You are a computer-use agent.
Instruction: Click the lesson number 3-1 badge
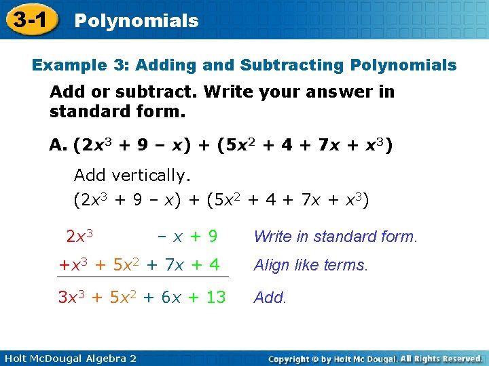(29, 20)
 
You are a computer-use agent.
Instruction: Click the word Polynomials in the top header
(137, 21)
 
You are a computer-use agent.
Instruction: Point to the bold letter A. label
(58, 145)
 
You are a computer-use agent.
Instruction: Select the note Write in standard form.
(336, 237)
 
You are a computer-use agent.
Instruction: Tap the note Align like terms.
(310, 266)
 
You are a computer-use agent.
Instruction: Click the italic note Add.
(269, 298)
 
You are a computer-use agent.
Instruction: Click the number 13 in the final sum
(215, 297)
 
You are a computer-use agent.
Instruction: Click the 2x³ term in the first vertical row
(79, 236)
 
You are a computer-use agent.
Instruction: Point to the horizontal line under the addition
(143, 277)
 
